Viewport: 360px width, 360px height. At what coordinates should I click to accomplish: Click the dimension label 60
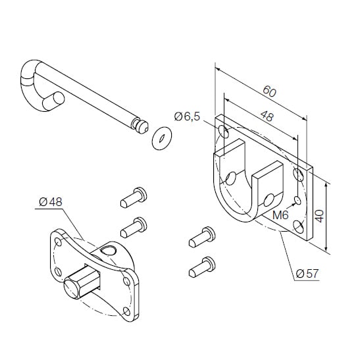270,91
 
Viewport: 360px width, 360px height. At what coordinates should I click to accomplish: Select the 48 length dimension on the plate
267,116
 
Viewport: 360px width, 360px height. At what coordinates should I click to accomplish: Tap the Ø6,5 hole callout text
187,116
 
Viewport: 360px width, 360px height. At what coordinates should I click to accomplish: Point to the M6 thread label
280,215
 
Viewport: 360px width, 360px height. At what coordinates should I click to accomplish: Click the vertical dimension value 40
319,216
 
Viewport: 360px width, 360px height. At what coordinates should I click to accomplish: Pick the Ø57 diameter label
307,274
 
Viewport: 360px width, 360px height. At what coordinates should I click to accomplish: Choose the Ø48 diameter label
51,202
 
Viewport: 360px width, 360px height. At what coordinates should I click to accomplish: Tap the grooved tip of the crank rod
140,126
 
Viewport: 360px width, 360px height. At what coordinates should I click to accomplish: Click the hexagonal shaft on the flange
82,280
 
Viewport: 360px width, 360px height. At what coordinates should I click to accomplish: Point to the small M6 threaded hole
297,201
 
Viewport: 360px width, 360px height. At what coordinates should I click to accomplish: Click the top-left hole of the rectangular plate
223,132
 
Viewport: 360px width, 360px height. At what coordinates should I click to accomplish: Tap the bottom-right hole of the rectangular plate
299,227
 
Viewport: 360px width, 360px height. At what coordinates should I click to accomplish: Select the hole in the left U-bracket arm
231,178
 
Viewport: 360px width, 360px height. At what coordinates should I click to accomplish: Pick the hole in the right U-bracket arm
269,200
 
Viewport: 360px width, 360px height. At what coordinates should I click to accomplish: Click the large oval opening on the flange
109,251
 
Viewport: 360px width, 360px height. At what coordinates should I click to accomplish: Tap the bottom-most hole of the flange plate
126,311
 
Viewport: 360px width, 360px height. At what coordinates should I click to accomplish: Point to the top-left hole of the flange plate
58,242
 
